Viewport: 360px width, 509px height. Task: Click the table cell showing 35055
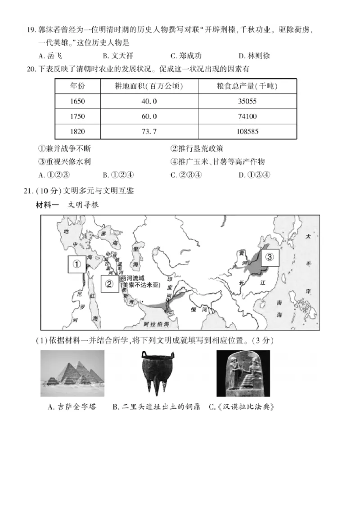pos(247,101)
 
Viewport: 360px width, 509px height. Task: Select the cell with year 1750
pos(77,116)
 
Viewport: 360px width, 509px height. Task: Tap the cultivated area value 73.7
pos(149,131)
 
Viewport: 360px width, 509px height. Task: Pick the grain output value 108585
pos(247,131)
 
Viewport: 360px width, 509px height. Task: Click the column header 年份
pos(77,86)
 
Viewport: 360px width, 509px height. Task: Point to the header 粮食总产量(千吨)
pos(247,86)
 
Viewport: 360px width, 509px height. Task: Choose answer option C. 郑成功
pos(186,56)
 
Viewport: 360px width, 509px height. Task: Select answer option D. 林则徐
pos(254,56)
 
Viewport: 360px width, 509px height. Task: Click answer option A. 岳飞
pos(50,56)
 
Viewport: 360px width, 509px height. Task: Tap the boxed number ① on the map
pos(77,264)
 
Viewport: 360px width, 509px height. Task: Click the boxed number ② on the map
pos(109,283)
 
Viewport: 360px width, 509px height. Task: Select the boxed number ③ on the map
pos(269,257)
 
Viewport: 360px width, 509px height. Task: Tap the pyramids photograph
pos(72,373)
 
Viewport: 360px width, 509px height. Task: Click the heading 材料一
pos(48,205)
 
